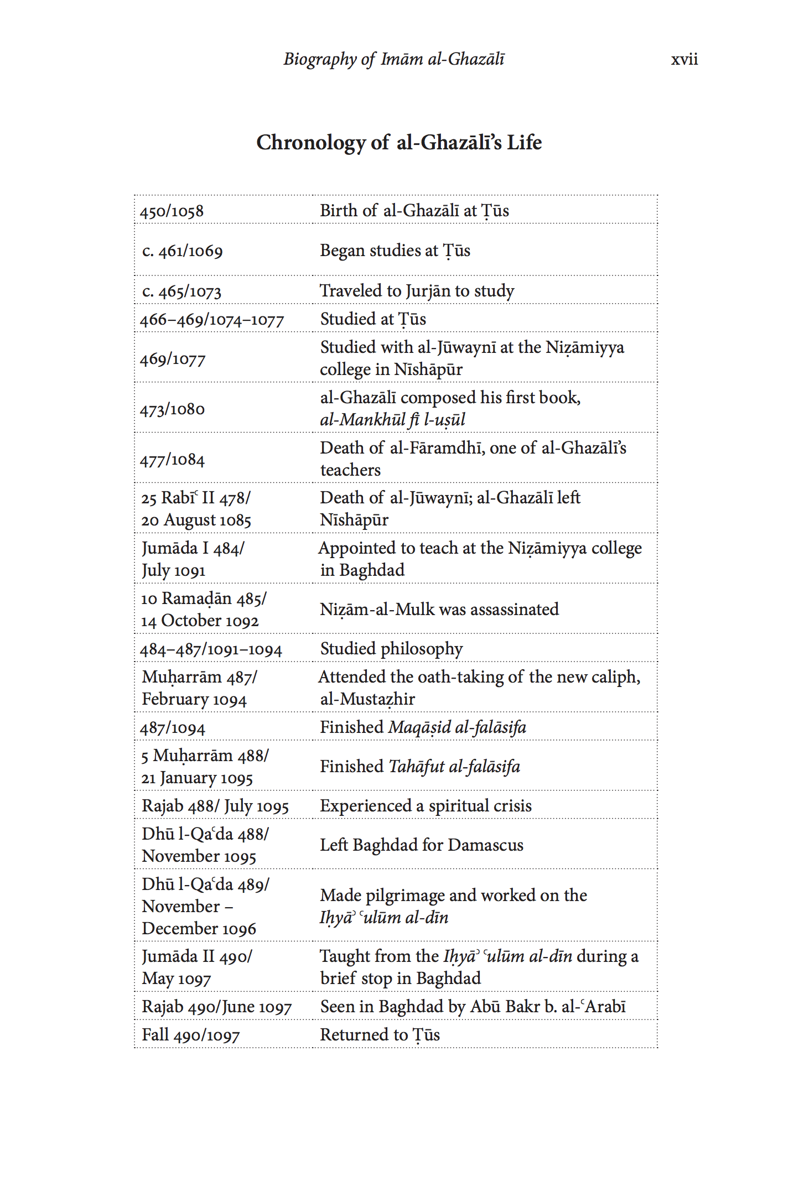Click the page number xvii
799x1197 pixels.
684,60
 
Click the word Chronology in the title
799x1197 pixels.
310,143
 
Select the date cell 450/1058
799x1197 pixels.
172,211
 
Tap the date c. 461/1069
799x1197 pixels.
183,251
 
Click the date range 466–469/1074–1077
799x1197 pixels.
212,320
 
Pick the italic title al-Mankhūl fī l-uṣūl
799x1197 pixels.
392,420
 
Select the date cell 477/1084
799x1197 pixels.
172,460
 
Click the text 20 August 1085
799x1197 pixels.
196,521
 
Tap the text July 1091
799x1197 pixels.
174,570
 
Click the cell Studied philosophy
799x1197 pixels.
391,649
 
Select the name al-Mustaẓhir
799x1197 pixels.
367,699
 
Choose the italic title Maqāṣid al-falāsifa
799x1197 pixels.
457,727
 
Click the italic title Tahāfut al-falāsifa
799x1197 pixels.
454,767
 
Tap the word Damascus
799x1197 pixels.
485,845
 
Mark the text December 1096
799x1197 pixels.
199,929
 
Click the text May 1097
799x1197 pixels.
177,979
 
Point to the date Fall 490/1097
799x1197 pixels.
191,1035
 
